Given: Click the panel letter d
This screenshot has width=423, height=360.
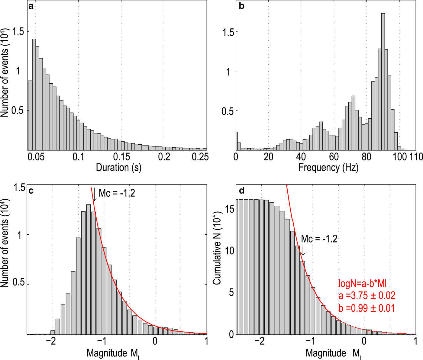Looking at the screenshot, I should click(242, 191).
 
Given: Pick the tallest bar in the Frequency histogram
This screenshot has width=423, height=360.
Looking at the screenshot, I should click(383, 82).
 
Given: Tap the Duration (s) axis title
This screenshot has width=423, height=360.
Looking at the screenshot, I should click(118, 167).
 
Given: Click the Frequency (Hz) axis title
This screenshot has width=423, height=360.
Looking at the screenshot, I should click(328, 167).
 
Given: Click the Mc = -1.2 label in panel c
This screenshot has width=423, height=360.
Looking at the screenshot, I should click(117, 193).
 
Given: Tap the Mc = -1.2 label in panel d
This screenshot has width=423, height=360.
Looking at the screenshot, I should click(319, 239).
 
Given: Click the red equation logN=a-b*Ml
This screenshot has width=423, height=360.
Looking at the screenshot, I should click(363, 284).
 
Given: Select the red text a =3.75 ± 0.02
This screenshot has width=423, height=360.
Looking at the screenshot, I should click(367, 295).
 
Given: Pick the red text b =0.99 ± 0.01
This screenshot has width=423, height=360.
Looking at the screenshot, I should click(366, 308).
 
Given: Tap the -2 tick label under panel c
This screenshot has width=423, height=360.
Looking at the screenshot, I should click(51, 341).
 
